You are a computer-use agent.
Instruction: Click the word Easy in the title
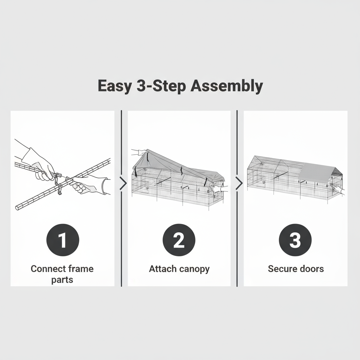[x=115, y=86]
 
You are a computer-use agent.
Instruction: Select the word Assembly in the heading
[x=227, y=86]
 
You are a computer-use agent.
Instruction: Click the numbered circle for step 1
[x=63, y=240]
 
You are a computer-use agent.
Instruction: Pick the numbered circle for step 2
[x=179, y=240]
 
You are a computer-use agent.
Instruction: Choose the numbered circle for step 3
[x=295, y=240]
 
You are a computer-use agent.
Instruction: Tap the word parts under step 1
[x=62, y=280]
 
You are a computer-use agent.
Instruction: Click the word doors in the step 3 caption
[x=310, y=269]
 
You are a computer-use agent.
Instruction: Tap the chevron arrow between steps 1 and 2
[x=123, y=184]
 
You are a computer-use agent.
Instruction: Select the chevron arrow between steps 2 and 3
[x=239, y=184]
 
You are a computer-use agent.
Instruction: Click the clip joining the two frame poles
[x=59, y=184]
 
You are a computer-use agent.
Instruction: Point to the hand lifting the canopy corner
[x=140, y=152]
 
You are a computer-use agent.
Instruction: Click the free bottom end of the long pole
[x=17, y=208]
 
